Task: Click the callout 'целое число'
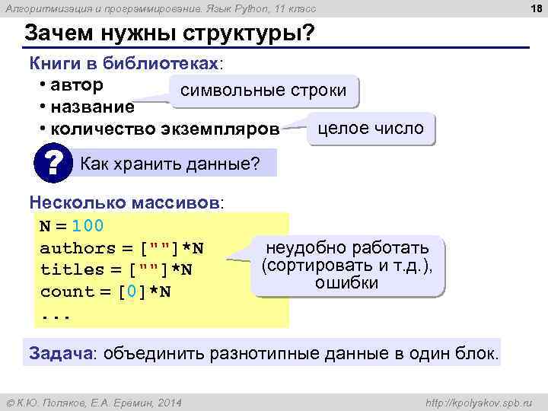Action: click(371, 129)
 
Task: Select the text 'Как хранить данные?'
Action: click(170, 163)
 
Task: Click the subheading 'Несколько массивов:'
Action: click(126, 203)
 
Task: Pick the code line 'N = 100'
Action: click(72, 226)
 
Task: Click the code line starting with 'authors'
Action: click(122, 248)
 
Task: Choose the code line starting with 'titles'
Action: click(116, 269)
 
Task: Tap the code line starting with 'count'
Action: click(105, 292)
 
